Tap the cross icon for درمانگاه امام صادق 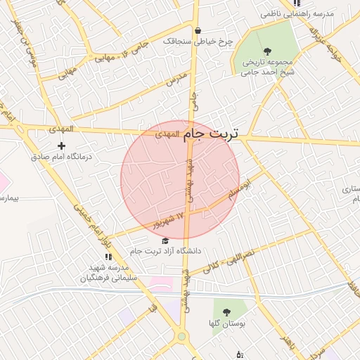click(x=62, y=146)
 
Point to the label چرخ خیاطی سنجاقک click(x=198, y=41)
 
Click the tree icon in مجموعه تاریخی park click(x=266, y=51)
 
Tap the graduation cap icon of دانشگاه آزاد click(x=165, y=240)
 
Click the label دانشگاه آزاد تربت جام click(x=166, y=251)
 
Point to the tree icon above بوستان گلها click(x=226, y=311)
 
